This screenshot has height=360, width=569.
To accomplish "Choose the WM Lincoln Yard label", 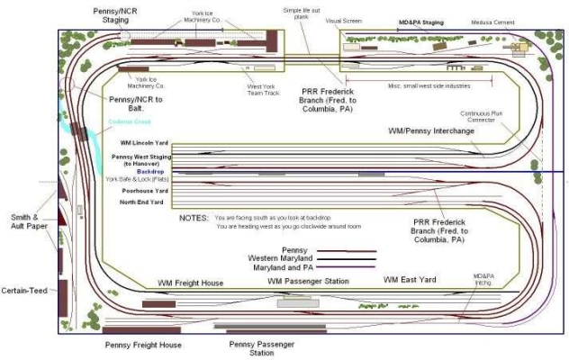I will click(x=142, y=142).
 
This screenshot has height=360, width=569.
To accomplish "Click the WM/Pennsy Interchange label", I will click(x=430, y=131).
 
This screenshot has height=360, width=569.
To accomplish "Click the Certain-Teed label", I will click(x=23, y=290).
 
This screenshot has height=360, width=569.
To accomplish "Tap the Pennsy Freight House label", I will click(x=142, y=345).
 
